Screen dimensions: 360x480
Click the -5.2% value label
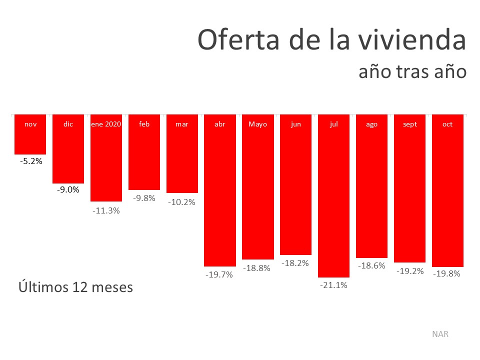[31, 161]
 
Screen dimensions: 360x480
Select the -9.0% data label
[68, 189]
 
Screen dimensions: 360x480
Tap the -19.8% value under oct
[447, 273]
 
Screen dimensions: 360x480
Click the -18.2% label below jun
[296, 262]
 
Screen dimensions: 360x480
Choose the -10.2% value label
[182, 202]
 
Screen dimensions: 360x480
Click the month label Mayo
[258, 124]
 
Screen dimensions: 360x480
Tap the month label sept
[409, 124]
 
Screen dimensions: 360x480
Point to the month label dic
[68, 124]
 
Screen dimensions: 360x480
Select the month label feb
[144, 124]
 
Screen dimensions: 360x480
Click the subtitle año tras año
[412, 72]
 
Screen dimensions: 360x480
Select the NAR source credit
[440, 334]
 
